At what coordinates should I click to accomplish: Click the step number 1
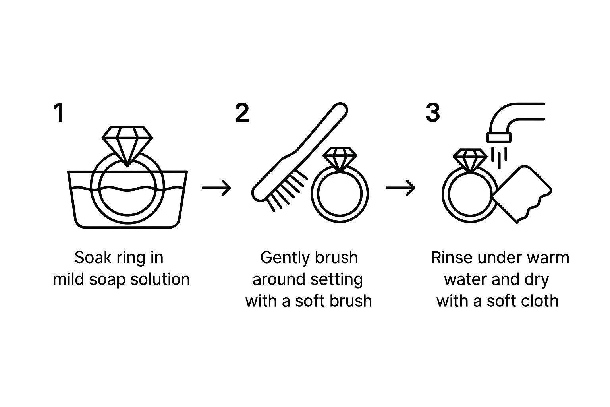pyautogui.click(x=59, y=112)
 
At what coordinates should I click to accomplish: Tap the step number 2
pyautogui.click(x=242, y=112)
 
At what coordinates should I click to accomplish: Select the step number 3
pyautogui.click(x=433, y=112)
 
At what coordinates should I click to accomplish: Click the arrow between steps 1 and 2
pyautogui.click(x=216, y=188)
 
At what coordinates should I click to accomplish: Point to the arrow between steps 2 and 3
pyautogui.click(x=400, y=188)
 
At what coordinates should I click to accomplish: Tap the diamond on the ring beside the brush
pyautogui.click(x=340, y=159)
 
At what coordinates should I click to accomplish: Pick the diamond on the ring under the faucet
pyautogui.click(x=470, y=161)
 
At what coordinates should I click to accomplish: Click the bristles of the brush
pyautogui.click(x=286, y=191)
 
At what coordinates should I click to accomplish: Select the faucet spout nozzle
pyautogui.click(x=499, y=138)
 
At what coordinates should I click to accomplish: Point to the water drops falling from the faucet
pyautogui.click(x=499, y=157)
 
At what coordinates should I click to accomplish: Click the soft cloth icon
pyautogui.click(x=522, y=194)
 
